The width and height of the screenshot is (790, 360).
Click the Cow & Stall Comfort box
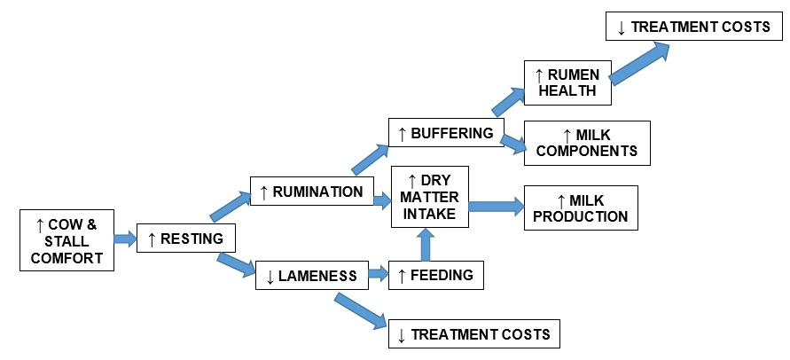coord(66,239)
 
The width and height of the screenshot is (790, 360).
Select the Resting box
coord(186,239)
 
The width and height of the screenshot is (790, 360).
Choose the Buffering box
coord(446,133)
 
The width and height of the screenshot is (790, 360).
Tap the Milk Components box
coord(587,143)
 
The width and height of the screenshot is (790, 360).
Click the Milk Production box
coord(581,207)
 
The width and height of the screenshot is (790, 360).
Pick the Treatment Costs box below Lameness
coord(474,333)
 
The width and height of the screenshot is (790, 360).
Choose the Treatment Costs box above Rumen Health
coord(694,27)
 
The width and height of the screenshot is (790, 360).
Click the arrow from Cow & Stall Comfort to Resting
coord(125,239)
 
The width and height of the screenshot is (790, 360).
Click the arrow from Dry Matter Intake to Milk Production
coord(496,207)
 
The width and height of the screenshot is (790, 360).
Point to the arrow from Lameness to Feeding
coord(377,275)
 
